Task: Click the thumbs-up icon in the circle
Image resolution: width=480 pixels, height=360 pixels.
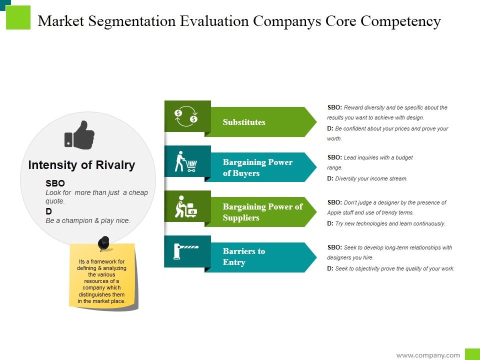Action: [79, 134]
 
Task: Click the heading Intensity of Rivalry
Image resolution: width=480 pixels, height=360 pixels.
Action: [81, 165]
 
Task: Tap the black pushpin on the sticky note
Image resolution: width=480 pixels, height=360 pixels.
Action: [103, 243]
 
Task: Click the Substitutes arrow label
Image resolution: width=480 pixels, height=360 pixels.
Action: [244, 122]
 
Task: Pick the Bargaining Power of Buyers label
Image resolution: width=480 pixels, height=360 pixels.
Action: [257, 167]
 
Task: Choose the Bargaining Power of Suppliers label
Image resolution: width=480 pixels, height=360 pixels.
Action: [262, 212]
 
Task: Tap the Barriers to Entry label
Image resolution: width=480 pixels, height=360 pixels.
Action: [244, 256]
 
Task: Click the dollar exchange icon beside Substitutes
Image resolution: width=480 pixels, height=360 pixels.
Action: [186, 116]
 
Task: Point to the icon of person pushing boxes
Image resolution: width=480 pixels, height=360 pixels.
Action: [185, 206]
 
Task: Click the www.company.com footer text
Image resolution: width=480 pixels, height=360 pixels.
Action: [428, 355]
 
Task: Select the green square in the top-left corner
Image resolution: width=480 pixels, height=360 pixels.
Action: [18, 17]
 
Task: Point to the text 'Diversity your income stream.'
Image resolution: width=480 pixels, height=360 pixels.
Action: [371, 178]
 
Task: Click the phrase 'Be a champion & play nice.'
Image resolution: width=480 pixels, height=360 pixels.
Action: [88, 220]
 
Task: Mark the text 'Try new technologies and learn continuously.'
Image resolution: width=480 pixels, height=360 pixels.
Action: [390, 223]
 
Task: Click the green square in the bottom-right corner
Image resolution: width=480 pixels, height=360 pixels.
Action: [472, 354]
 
